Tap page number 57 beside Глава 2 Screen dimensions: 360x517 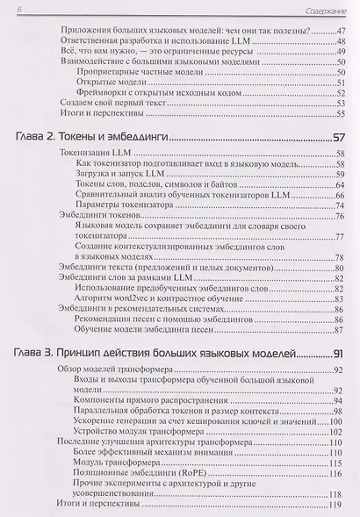click(x=335, y=138)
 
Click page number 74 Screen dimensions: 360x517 click(x=337, y=205)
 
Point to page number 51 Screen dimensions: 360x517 click(x=338, y=82)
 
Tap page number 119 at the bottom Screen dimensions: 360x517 click(x=335, y=505)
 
